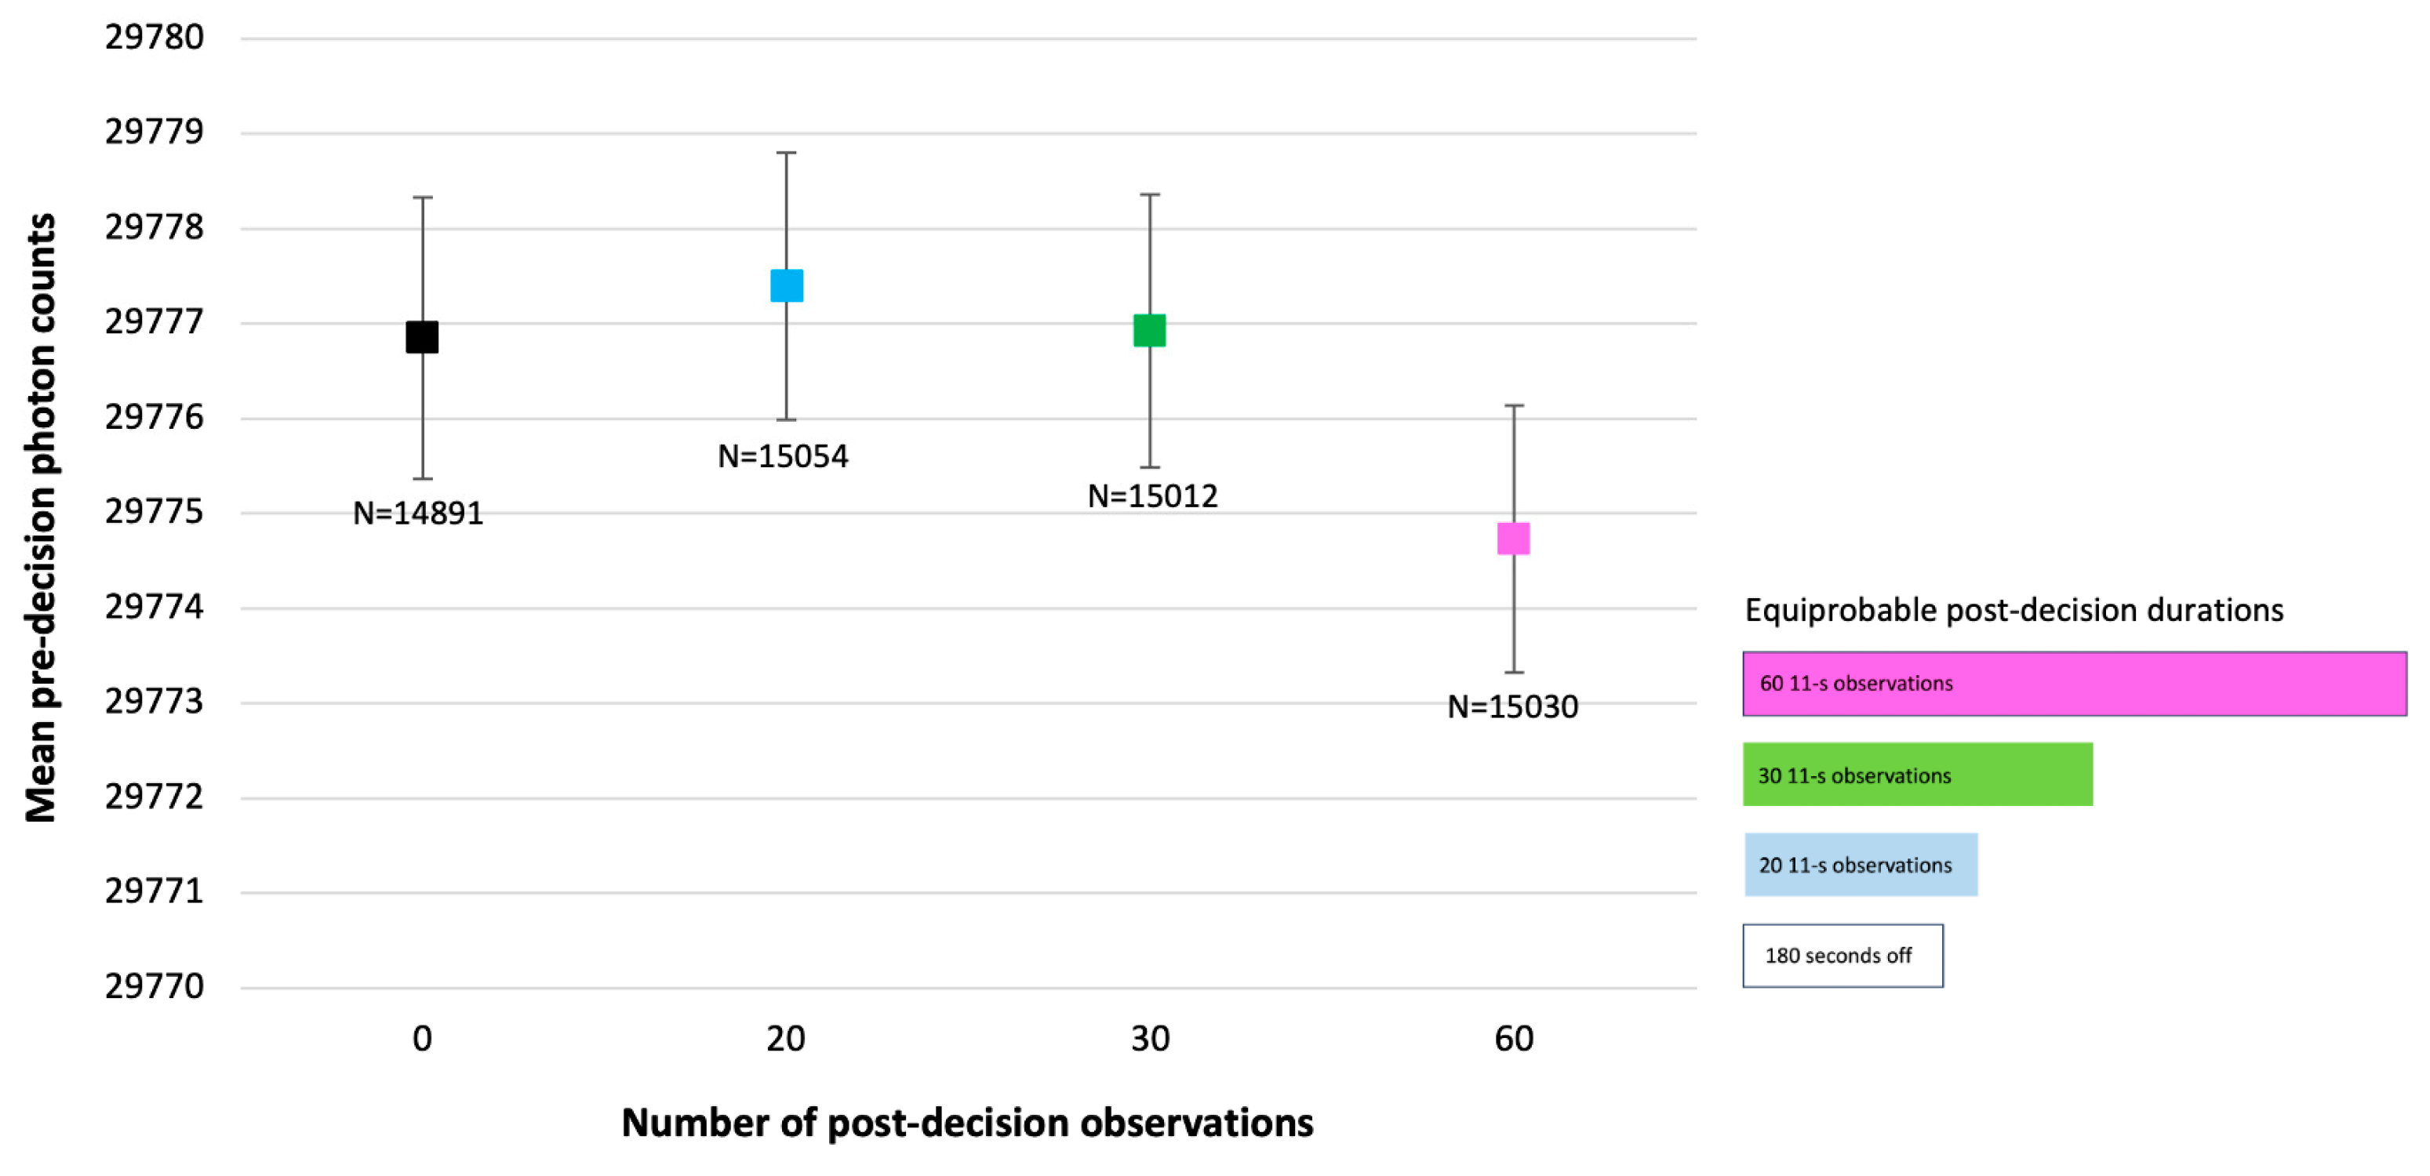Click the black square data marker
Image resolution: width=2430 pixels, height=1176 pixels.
422,336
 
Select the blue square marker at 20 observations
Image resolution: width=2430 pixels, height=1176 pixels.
787,285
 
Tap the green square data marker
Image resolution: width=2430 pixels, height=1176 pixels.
1149,330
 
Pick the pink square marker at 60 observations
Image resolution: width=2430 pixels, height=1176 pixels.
1513,539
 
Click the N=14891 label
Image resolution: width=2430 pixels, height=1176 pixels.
418,513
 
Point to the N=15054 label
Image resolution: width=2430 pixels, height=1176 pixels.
783,456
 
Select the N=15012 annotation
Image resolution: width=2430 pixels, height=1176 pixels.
1153,496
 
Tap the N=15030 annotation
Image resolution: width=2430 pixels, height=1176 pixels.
1512,706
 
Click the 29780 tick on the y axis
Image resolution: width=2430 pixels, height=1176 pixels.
154,38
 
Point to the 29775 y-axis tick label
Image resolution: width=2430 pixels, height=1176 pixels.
154,512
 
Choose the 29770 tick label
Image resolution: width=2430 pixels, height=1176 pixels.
154,986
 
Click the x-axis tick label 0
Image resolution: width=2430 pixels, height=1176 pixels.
422,1038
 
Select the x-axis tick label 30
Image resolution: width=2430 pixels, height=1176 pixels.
1150,1038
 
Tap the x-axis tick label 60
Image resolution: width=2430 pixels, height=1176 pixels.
1513,1038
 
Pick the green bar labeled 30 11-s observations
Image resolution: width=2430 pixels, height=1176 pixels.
1917,775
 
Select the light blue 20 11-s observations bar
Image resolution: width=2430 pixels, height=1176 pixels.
1861,865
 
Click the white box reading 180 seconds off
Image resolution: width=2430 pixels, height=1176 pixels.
1843,956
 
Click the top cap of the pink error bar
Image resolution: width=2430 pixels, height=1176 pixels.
1514,405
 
